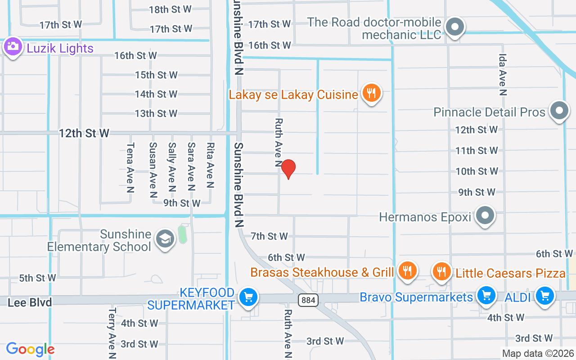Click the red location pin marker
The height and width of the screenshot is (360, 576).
[x=288, y=169]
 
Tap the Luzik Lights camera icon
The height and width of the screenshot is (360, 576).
[x=13, y=46]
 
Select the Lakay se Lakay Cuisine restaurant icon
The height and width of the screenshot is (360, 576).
[x=371, y=93]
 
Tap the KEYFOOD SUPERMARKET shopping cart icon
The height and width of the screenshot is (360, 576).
[x=247, y=297]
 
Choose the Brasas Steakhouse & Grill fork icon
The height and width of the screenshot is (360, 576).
[x=407, y=271]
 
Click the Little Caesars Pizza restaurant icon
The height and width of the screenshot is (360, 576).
[x=442, y=271]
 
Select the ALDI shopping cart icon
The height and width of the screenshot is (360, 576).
[x=545, y=296]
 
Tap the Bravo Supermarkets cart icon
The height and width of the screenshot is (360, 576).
[x=486, y=296]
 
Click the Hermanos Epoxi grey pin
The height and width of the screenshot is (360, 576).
[x=485, y=215]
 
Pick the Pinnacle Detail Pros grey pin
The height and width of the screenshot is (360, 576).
[x=559, y=110]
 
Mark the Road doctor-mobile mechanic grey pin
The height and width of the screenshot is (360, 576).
[x=455, y=27]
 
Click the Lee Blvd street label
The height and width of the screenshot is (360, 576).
[x=30, y=302]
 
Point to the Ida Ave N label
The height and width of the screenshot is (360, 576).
[x=503, y=75]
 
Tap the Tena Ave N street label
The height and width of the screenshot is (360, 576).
[x=130, y=167]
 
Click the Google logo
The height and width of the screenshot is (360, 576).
[x=30, y=349]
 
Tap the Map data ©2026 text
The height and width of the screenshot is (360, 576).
[x=538, y=354]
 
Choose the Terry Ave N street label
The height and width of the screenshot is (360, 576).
[x=112, y=333]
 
